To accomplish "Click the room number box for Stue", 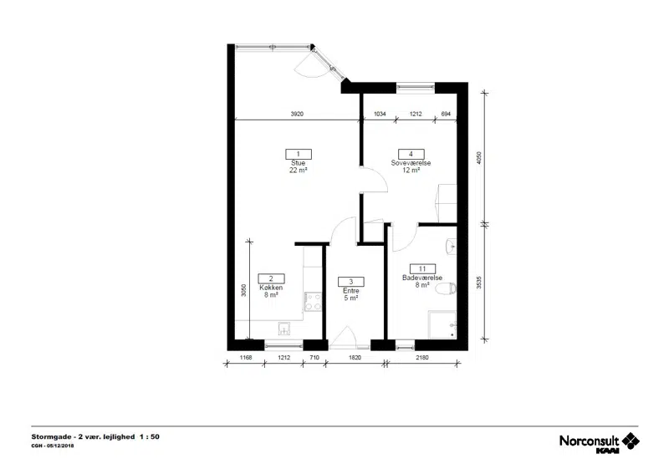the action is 299,154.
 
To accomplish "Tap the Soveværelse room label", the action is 411,163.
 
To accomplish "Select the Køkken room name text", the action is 271,288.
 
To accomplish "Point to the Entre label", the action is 351,291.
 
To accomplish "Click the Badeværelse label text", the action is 422,278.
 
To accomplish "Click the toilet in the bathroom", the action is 447,288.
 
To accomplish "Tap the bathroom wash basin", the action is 451,247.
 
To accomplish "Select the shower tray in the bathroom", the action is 442,325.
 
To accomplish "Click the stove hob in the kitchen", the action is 313,302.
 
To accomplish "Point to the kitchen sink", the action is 284,329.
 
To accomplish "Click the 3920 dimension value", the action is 297,114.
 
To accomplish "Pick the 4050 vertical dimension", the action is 478,158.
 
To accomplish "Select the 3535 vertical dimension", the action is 478,283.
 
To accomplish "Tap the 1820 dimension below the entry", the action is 355,358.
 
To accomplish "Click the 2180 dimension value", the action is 422,358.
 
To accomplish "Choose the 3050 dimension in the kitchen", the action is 243,290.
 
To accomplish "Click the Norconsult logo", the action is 599,442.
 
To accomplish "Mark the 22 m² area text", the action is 299,171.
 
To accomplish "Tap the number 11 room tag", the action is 422,268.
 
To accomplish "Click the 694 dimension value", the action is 446,114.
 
